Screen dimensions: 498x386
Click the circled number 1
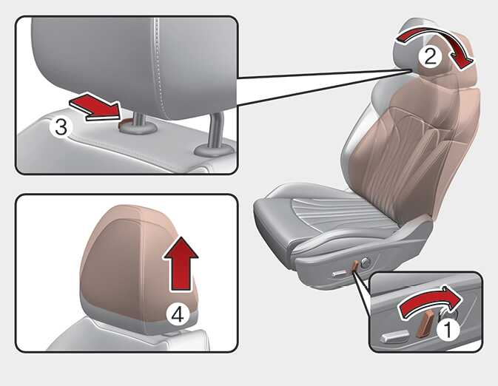pyautogui.click(x=448, y=330)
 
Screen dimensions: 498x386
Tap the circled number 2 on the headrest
pyautogui.click(x=430, y=57)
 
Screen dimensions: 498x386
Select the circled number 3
pyautogui.click(x=61, y=127)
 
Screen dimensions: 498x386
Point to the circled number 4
pyautogui.click(x=178, y=315)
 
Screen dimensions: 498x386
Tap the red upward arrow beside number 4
pyautogui.click(x=181, y=264)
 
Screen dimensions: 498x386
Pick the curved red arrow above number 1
pyautogui.click(x=428, y=300)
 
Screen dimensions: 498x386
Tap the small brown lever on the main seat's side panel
pyautogui.click(x=355, y=267)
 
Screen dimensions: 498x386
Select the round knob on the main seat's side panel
pyautogui.click(x=366, y=263)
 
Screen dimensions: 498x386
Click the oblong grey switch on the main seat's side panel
pyautogui.click(x=339, y=274)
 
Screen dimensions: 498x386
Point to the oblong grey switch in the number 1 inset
pyautogui.click(x=395, y=336)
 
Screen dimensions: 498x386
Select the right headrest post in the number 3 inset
pyautogui.click(x=216, y=130)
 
